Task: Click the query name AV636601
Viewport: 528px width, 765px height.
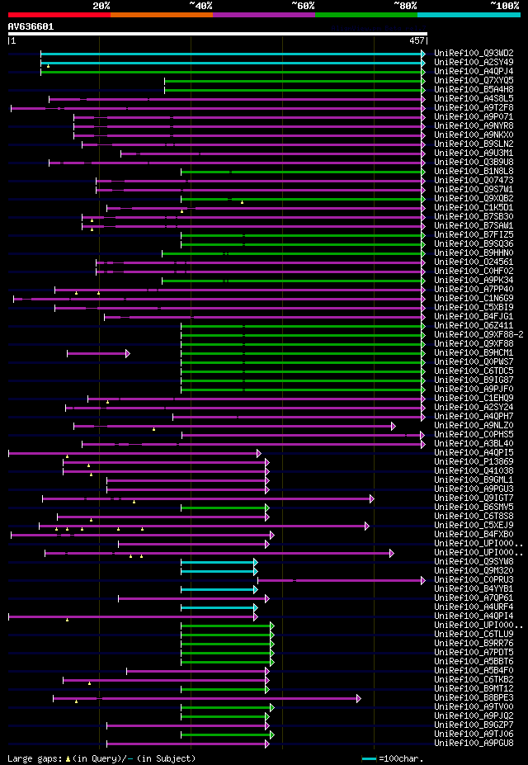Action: [x=31, y=26]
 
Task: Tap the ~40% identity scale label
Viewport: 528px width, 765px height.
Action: [x=200, y=5]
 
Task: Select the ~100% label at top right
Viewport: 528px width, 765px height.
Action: [x=504, y=5]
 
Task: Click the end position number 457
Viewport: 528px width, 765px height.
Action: [x=417, y=40]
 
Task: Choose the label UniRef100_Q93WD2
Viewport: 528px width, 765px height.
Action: [x=473, y=53]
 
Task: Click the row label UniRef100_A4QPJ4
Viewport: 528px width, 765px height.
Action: [x=473, y=71]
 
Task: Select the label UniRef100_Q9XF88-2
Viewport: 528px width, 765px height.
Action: [x=478, y=334]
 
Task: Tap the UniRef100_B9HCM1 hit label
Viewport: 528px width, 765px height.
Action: [x=473, y=352]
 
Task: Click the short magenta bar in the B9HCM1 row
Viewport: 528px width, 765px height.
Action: [x=97, y=353]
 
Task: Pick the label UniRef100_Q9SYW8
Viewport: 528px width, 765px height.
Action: [x=473, y=561]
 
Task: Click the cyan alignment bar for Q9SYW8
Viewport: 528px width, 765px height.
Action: [x=219, y=562]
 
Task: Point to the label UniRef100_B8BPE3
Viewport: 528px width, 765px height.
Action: [x=473, y=697]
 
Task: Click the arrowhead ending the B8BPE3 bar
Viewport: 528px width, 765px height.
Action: [x=359, y=698]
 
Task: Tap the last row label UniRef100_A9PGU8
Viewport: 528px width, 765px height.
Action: [x=473, y=743]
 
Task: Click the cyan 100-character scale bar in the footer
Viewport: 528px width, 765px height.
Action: [x=369, y=758]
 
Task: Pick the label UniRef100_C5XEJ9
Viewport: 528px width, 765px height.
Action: [x=473, y=525]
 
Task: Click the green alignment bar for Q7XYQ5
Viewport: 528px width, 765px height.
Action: [x=293, y=81]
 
